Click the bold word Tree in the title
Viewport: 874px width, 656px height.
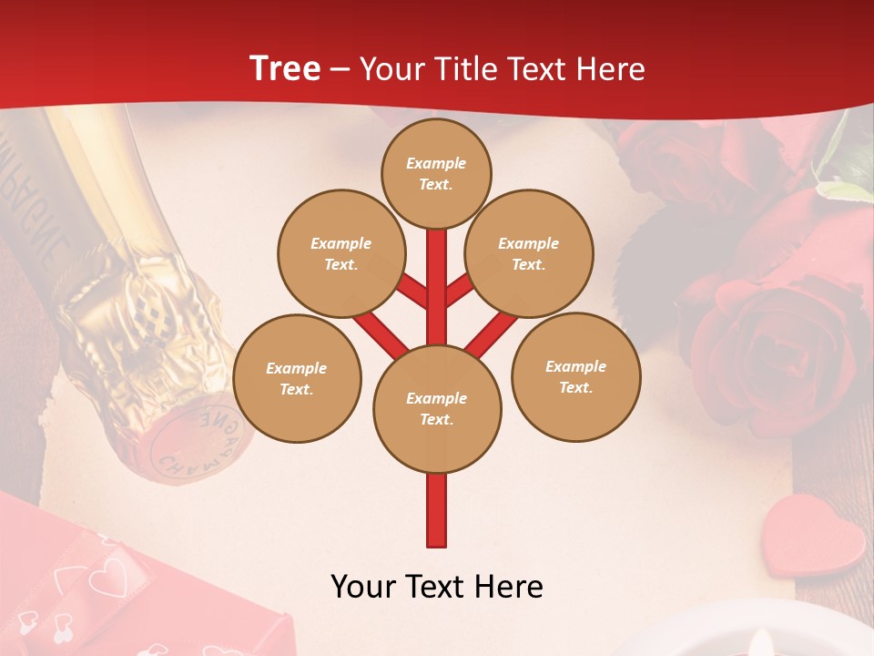(x=285, y=68)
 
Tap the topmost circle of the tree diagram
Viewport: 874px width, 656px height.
(x=436, y=173)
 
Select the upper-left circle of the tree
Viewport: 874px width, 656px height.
(x=340, y=253)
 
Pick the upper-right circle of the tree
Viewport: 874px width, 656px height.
(x=529, y=253)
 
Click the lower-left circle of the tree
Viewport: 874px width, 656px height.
(x=297, y=378)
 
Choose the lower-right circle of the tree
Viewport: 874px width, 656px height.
(x=576, y=376)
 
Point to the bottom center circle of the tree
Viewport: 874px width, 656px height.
(x=437, y=408)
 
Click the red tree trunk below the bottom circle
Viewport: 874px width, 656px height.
(x=437, y=510)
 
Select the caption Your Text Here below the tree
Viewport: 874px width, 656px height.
(x=437, y=587)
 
